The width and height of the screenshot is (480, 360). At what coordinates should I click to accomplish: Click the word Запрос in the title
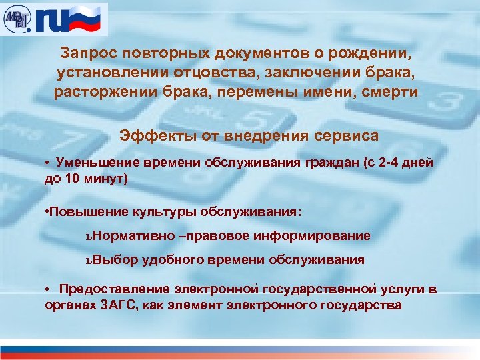86,52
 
